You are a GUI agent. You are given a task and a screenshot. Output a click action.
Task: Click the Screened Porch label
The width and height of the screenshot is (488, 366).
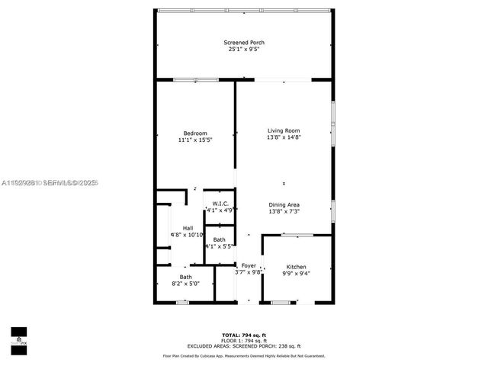pyautogui.click(x=244, y=42)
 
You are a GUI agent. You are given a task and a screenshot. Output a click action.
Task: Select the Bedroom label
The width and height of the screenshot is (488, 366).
pyautogui.click(x=194, y=133)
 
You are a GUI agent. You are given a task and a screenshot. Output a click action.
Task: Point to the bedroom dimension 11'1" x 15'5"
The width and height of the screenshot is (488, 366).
pyautogui.click(x=194, y=140)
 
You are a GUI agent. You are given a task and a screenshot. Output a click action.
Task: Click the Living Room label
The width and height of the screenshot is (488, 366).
pyautogui.click(x=284, y=130)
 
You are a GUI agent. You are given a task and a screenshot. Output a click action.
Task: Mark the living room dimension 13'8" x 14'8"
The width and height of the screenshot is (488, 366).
pyautogui.click(x=284, y=137)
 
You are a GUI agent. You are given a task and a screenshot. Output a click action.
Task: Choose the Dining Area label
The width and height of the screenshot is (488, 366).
pyautogui.click(x=284, y=204)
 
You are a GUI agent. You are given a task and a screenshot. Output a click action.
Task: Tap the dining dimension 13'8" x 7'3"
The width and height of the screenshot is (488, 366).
pyautogui.click(x=284, y=211)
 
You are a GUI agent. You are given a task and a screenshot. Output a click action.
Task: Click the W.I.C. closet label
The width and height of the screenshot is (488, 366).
pyautogui.click(x=219, y=203)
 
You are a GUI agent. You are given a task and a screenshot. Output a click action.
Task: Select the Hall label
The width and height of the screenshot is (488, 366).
pyautogui.click(x=188, y=228)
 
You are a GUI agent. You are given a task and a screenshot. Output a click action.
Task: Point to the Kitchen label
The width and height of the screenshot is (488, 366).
pyautogui.click(x=296, y=267)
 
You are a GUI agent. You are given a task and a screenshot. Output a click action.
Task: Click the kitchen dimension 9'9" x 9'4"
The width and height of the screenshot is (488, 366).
pyautogui.click(x=296, y=273)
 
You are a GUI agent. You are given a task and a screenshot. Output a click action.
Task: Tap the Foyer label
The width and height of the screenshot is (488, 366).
pyautogui.click(x=249, y=265)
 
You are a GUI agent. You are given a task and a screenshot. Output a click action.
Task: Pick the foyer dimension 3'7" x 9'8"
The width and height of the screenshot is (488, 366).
pyautogui.click(x=249, y=272)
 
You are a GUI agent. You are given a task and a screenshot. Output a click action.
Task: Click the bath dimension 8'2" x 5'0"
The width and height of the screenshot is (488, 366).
pyautogui.click(x=186, y=284)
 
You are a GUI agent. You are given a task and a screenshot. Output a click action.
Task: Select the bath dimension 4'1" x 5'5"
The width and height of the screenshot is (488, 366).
pyautogui.click(x=219, y=246)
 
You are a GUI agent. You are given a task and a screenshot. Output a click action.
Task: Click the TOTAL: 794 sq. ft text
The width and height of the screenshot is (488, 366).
pyautogui.click(x=244, y=335)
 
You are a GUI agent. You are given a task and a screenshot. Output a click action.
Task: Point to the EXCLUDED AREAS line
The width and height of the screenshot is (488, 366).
pyautogui.click(x=244, y=346)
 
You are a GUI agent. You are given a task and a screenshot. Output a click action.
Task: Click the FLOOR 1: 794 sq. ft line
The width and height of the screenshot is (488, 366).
pyautogui.click(x=244, y=341)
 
